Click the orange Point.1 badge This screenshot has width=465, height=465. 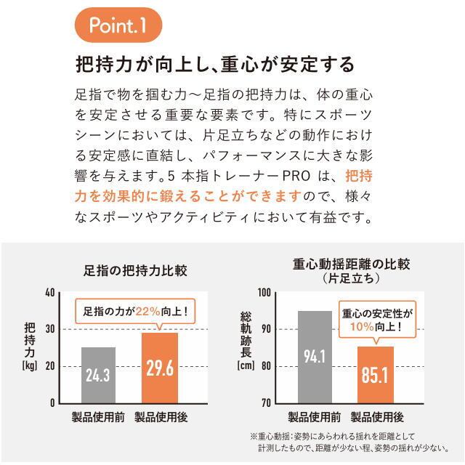click(x=117, y=26)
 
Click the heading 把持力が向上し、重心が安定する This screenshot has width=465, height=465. click(x=215, y=64)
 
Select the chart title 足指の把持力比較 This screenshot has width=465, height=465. click(x=135, y=270)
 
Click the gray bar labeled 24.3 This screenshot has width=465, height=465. click(x=98, y=375)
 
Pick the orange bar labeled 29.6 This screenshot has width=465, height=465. click(x=160, y=367)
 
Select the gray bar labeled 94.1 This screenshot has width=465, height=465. click(x=315, y=356)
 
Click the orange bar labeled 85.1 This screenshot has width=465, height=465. click(x=375, y=374)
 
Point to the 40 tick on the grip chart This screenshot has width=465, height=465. click(x=50, y=293)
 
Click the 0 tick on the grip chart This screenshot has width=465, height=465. click(x=52, y=403)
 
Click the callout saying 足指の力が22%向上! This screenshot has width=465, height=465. click(x=135, y=311)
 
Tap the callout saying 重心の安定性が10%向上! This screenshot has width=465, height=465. click(x=376, y=320)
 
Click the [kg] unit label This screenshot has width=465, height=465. click(x=29, y=365)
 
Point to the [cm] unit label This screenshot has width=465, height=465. click(x=245, y=365)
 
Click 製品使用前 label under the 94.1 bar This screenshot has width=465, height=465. click(x=315, y=417)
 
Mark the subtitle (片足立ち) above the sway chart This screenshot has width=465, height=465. click(x=352, y=278)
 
